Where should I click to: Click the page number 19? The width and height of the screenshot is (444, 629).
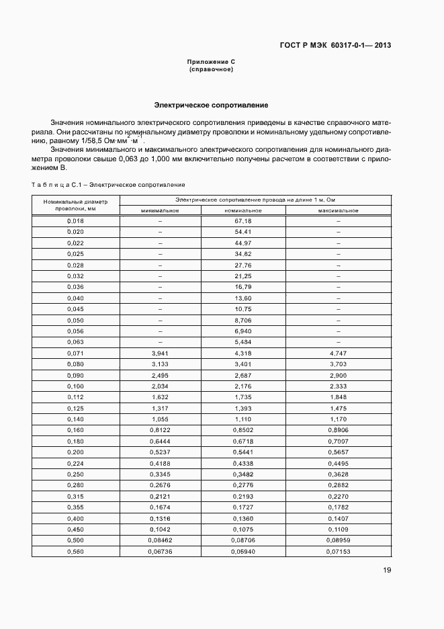387,571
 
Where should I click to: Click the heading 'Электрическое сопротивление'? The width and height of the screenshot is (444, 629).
212,106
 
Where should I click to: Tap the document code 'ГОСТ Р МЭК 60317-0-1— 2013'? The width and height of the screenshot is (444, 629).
335,46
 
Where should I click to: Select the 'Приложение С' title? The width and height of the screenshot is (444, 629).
211,62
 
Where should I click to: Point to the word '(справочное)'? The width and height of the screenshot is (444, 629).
211,69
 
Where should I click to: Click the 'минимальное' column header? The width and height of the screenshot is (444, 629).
160,210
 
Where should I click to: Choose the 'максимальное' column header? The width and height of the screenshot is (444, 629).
338,210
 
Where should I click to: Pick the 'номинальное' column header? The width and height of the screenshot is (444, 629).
243,210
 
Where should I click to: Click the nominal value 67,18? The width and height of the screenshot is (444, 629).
243,221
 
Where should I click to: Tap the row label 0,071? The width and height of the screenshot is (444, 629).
75,353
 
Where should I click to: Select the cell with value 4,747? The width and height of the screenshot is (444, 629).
338,353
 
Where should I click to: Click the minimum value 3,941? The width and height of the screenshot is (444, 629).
160,353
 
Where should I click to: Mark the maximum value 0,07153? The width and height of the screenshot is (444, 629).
338,552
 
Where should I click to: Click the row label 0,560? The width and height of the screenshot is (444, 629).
75,552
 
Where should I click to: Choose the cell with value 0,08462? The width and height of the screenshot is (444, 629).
160,541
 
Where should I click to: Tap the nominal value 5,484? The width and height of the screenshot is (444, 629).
243,343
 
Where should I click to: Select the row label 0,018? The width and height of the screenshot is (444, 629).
75,221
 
